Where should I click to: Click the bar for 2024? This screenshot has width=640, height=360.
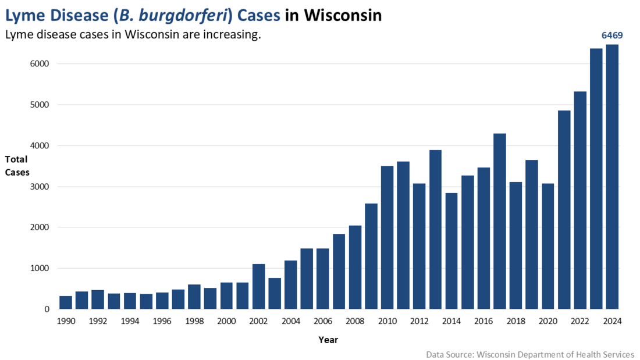click(x=612, y=177)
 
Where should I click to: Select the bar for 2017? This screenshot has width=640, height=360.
click(x=500, y=222)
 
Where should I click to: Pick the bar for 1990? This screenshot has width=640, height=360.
click(x=66, y=302)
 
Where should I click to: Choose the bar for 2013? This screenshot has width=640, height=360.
click(x=436, y=230)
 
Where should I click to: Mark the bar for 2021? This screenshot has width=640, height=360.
click(x=564, y=210)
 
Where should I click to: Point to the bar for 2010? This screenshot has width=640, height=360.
click(x=387, y=238)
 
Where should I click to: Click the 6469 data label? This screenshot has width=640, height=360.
click(x=612, y=35)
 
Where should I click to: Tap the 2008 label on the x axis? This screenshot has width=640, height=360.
click(x=355, y=321)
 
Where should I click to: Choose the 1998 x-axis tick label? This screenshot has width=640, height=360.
click(x=194, y=321)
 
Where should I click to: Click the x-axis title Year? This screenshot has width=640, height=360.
click(x=328, y=340)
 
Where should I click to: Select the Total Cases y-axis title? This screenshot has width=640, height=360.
click(x=17, y=166)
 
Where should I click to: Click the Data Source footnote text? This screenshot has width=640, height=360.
click(x=530, y=354)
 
